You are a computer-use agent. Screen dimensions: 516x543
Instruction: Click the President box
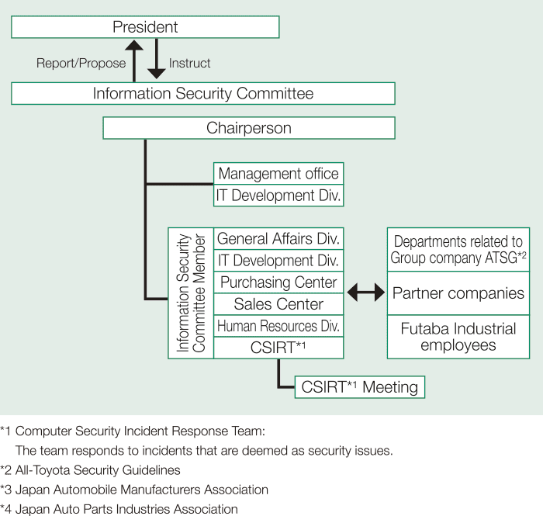(x=145, y=27)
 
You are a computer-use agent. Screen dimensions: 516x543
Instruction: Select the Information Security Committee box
(x=202, y=94)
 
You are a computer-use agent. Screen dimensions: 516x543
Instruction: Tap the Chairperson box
(x=249, y=128)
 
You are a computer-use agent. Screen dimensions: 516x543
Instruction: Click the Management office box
(x=278, y=174)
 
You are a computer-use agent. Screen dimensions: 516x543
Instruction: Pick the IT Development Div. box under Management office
(x=278, y=195)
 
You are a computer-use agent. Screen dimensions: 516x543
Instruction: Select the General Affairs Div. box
(x=278, y=239)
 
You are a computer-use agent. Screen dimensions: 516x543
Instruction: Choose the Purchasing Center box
(x=278, y=282)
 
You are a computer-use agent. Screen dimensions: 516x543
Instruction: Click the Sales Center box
(x=278, y=304)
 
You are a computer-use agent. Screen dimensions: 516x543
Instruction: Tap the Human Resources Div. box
(x=278, y=326)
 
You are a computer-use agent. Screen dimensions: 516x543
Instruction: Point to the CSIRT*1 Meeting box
(x=360, y=386)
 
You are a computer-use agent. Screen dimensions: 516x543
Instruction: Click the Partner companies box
(x=458, y=293)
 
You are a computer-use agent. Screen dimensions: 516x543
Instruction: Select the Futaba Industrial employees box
(x=458, y=337)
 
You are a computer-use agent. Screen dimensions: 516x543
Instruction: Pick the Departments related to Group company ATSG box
(x=458, y=250)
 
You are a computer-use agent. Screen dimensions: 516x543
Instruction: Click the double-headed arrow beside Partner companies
(x=365, y=293)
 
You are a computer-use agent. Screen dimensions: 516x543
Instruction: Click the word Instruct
(x=190, y=63)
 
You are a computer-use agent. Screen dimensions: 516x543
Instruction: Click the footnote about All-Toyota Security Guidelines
(x=91, y=470)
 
